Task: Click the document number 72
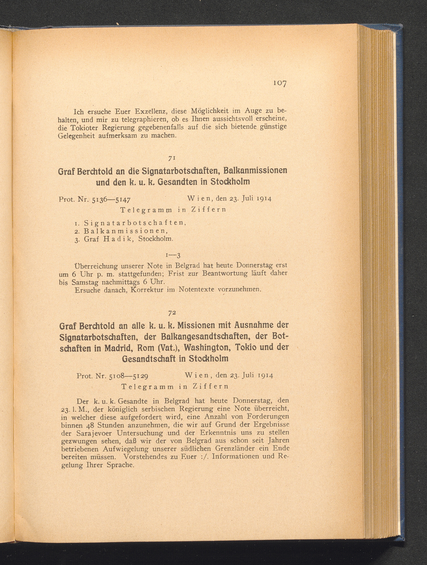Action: coord(171,313)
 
